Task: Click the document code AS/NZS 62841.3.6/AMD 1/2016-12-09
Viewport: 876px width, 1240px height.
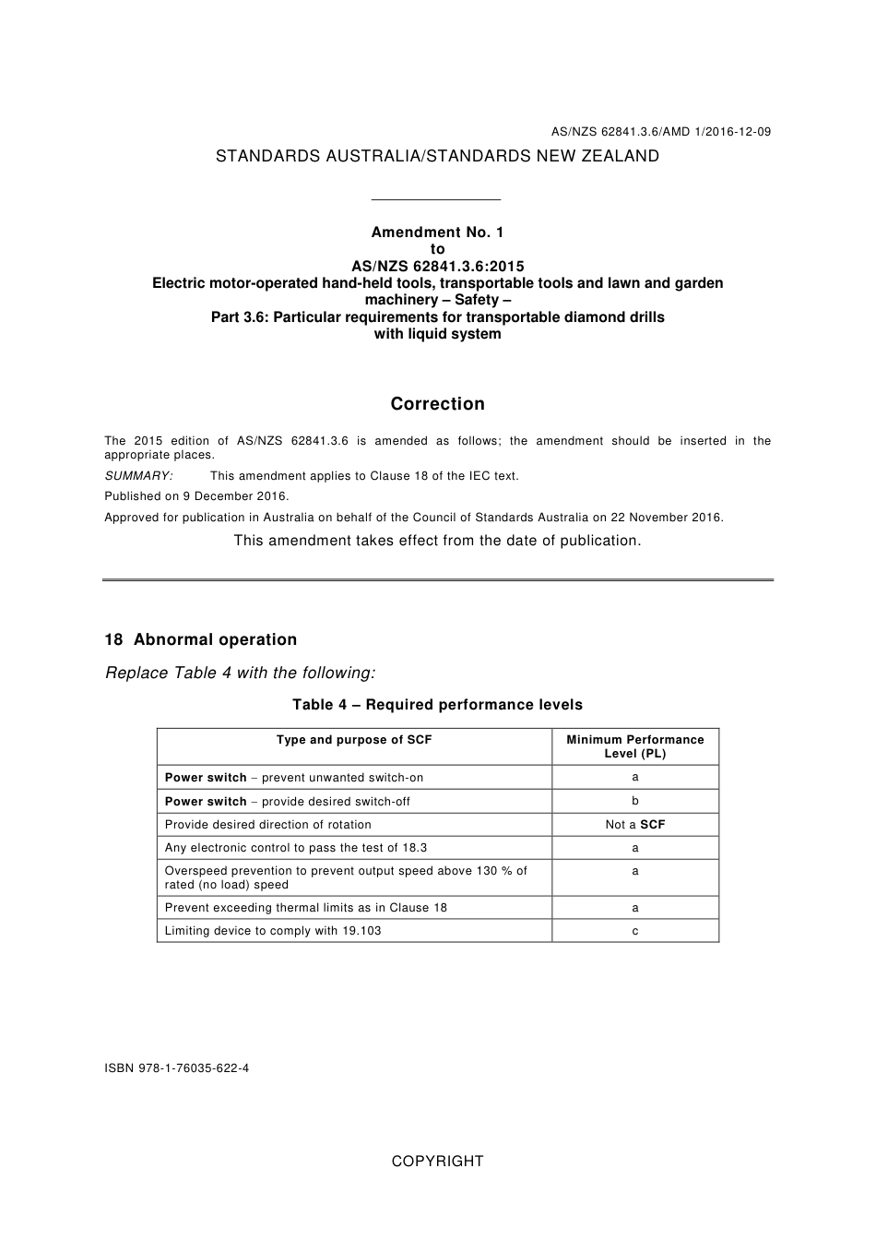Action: pos(661,132)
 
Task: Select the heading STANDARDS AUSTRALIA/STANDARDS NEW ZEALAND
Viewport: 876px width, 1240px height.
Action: pos(437,157)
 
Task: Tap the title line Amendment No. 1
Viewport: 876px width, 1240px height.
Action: pos(437,232)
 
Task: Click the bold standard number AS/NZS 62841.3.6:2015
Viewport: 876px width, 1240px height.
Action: pos(437,267)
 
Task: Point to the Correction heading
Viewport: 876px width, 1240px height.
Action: pos(437,404)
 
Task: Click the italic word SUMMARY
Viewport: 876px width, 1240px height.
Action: pos(138,476)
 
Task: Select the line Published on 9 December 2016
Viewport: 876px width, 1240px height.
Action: pos(196,496)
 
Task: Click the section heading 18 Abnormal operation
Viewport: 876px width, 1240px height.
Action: pos(201,640)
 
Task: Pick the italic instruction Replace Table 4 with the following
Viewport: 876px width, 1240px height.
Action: pos(241,673)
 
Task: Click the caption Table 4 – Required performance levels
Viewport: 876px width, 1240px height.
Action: pos(437,705)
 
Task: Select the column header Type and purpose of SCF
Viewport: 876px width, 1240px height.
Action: pos(354,740)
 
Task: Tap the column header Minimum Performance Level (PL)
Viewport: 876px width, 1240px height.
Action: pos(635,746)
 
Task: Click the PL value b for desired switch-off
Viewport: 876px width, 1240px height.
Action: pos(635,801)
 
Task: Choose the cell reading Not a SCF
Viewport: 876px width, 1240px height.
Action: pos(635,825)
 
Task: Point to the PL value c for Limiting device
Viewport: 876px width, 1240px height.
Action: pos(635,931)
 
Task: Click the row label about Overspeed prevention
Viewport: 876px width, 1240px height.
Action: pos(346,877)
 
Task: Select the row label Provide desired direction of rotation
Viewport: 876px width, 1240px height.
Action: pos(268,825)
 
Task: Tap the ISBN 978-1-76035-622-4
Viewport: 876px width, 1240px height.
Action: pos(177,1068)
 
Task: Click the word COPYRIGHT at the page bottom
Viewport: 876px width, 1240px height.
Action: pos(437,1162)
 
